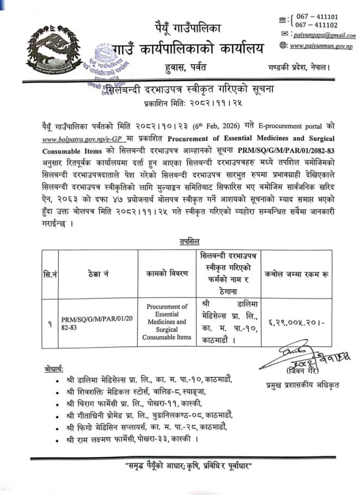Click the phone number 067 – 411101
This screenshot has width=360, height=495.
pos(315,17)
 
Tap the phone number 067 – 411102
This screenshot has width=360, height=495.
pos(315,25)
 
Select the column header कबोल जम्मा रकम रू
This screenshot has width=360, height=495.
pos(294,274)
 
